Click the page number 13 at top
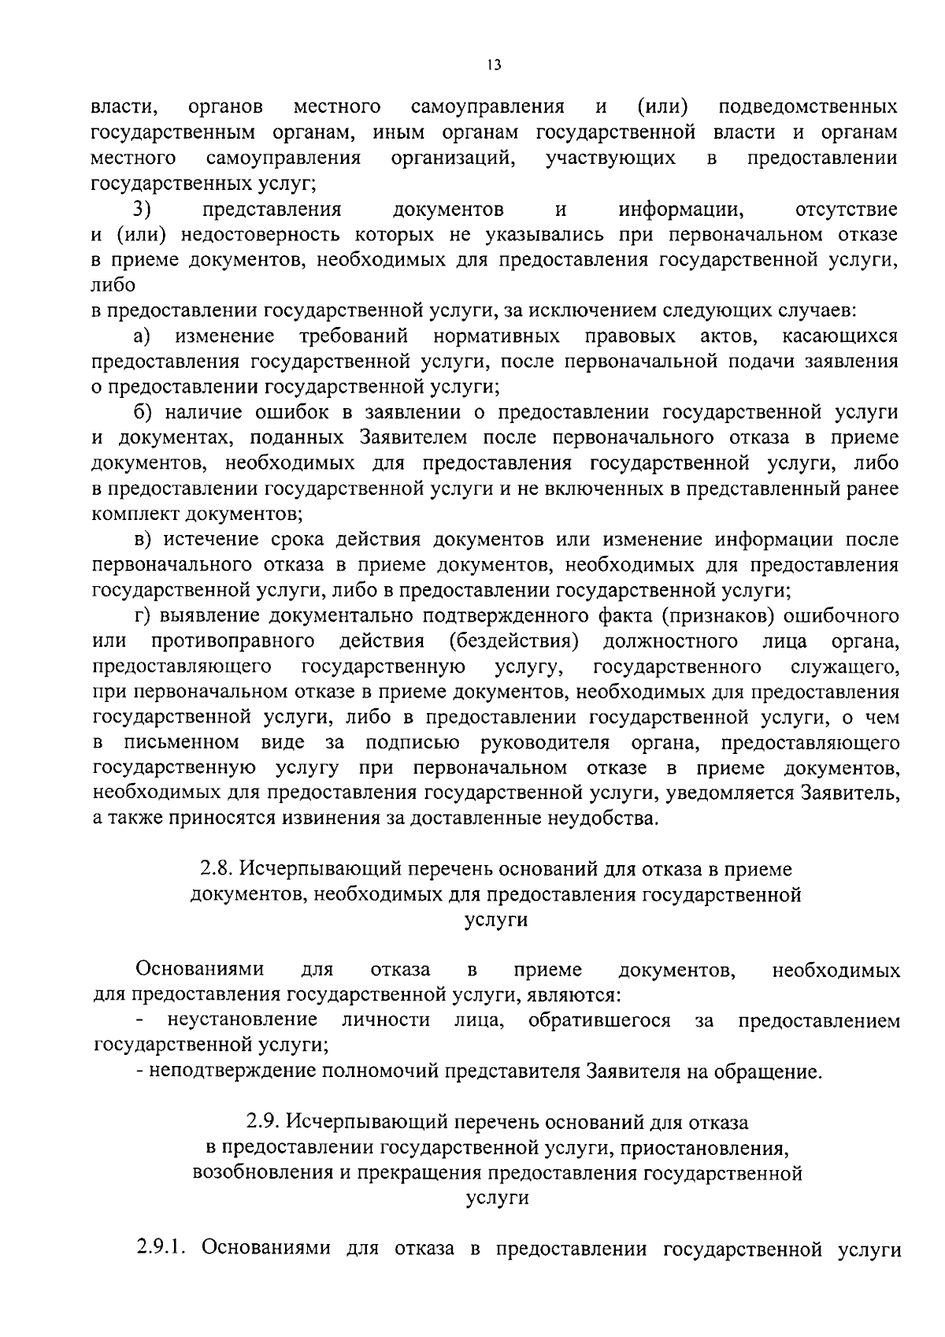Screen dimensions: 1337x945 click(x=494, y=65)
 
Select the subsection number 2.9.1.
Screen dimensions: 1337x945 click(x=161, y=1250)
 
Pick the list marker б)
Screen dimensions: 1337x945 click(x=142, y=413)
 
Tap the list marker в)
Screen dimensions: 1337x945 click(x=142, y=540)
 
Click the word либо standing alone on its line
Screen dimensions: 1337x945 click(x=113, y=285)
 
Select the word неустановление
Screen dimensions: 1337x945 click(x=243, y=1021)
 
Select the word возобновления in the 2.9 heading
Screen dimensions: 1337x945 click(x=262, y=1173)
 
